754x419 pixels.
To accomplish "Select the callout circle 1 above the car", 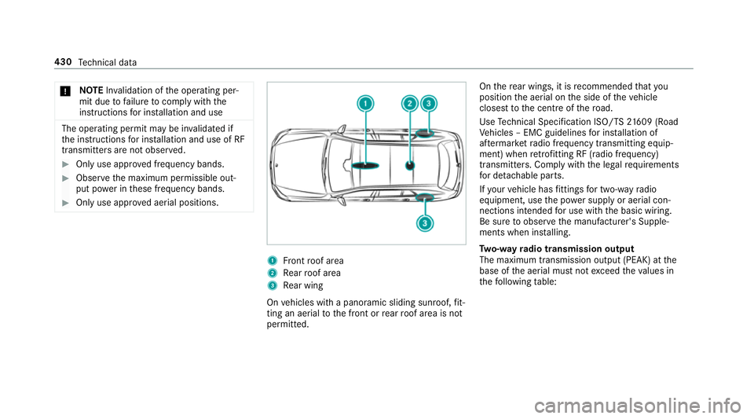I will (x=364, y=103).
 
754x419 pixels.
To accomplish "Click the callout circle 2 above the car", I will (x=409, y=103).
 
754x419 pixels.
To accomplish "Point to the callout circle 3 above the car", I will (x=429, y=103).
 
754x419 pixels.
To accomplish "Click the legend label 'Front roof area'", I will (x=311, y=260).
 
